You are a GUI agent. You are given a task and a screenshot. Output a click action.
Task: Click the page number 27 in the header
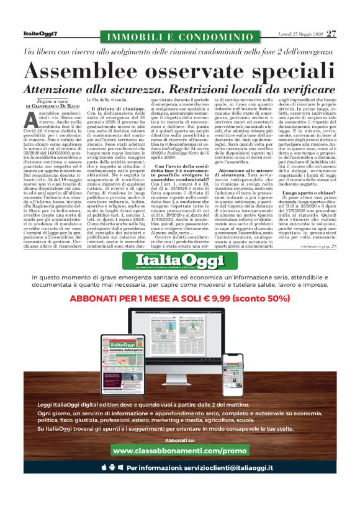332,34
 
